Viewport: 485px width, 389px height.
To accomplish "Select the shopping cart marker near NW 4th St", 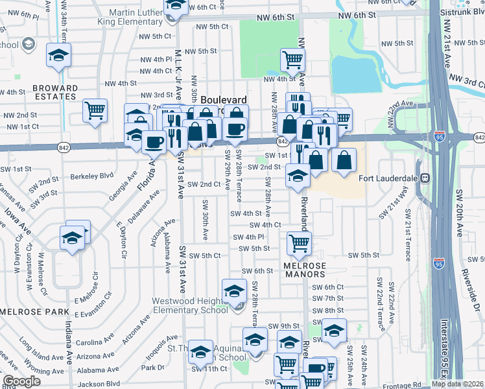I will [293, 60].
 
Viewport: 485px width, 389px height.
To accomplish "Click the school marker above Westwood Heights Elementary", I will [234, 290].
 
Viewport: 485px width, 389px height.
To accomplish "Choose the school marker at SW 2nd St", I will [298, 176].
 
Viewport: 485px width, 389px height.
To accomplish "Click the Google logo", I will [21, 381].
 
